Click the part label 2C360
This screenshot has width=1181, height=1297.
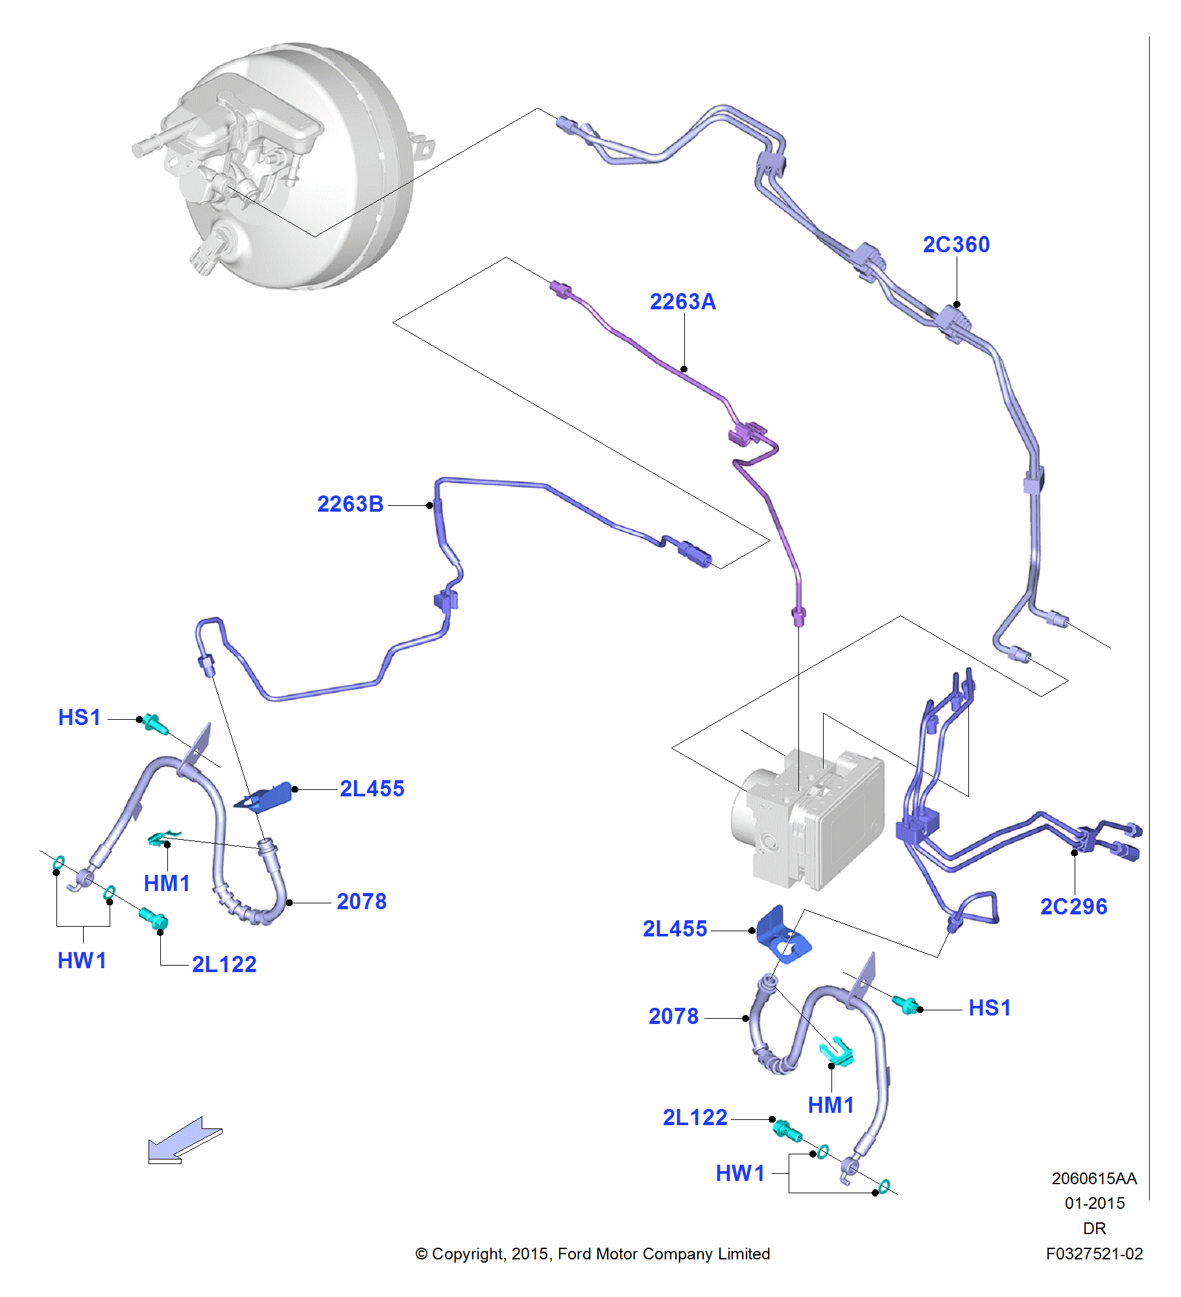click(955, 244)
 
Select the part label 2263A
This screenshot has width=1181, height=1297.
click(682, 302)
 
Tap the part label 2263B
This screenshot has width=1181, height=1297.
click(350, 504)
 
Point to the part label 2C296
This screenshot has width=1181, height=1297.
click(1073, 906)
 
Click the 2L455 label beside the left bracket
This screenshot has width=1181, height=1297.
click(372, 789)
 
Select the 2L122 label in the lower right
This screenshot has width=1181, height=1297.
click(695, 1117)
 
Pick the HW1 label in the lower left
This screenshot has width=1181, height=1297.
click(82, 960)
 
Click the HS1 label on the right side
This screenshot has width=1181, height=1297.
click(989, 1008)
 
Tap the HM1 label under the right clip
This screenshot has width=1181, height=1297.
click(830, 1105)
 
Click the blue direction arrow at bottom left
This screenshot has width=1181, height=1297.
click(184, 1141)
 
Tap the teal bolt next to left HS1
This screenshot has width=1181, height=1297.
click(154, 723)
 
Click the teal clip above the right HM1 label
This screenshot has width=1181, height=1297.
click(837, 1051)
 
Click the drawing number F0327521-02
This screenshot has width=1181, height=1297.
click(1093, 1254)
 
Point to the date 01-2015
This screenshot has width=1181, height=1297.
click(1094, 1203)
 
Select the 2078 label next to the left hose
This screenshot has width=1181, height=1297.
click(361, 901)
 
